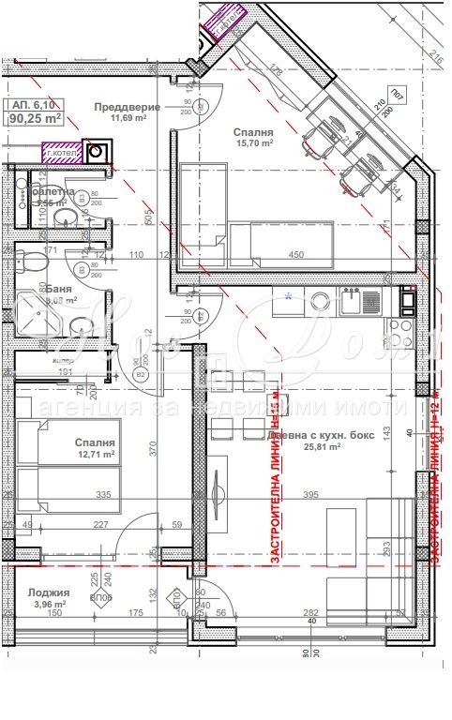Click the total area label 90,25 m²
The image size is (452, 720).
click(x=35, y=119)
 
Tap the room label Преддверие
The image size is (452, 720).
click(x=127, y=106)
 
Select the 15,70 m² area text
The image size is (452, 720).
click(x=253, y=144)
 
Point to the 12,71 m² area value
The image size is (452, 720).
click(x=95, y=455)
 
